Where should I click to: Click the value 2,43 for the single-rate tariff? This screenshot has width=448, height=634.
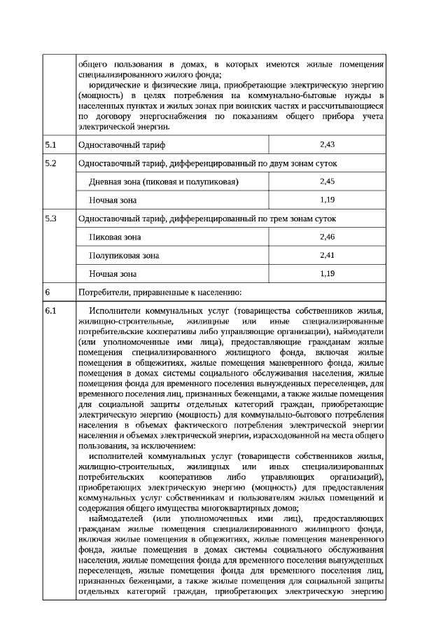tap(326, 144)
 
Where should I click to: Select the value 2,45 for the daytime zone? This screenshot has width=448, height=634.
tap(326, 181)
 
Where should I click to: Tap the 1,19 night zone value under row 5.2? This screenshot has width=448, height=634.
tap(326, 200)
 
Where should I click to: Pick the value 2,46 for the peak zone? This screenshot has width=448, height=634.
tap(326, 237)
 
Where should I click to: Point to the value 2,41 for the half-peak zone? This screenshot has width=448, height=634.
tap(326, 255)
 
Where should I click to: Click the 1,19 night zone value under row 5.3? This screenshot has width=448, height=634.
tap(326, 273)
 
